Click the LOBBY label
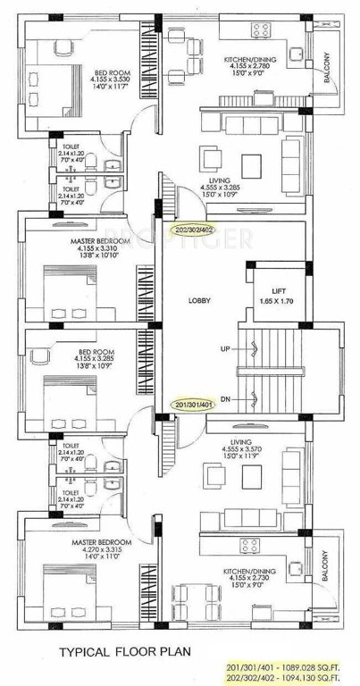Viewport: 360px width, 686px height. click(x=199, y=301)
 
